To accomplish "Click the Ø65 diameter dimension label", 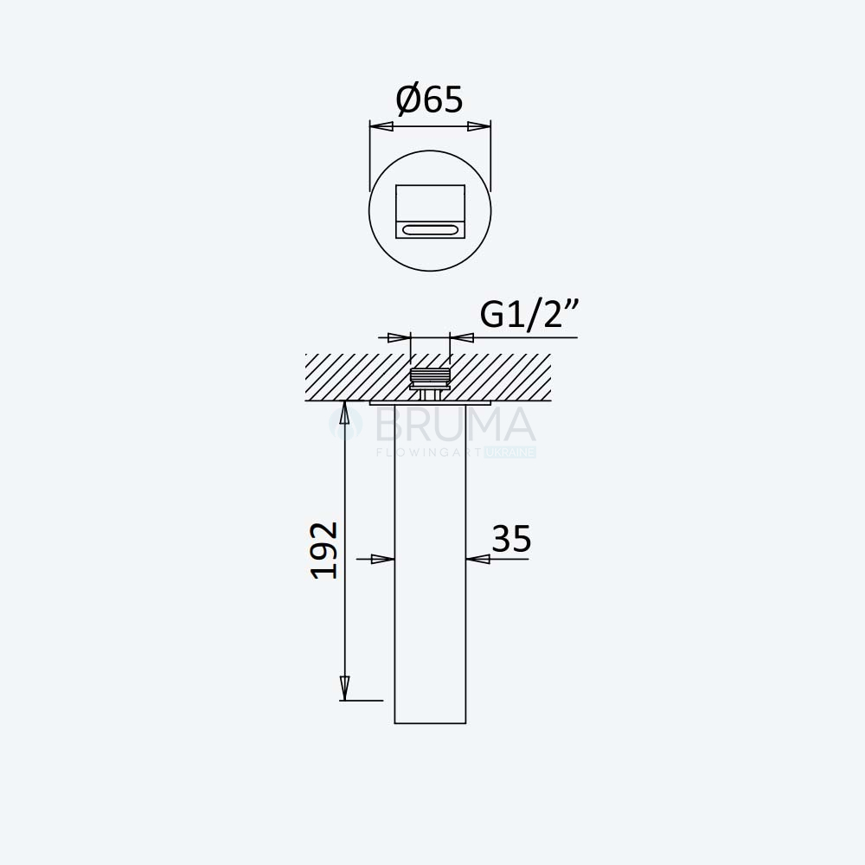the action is click(429, 99).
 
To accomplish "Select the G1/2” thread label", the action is click(529, 315).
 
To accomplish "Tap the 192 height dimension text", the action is click(324, 550).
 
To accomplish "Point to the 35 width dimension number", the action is click(511, 539).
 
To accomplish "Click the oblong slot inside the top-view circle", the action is click(430, 229).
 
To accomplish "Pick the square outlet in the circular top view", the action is click(430, 212).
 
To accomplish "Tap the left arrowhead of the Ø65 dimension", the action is click(381, 127).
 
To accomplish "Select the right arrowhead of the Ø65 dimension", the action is click(479, 127).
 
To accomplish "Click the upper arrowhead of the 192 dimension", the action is click(345, 413).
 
